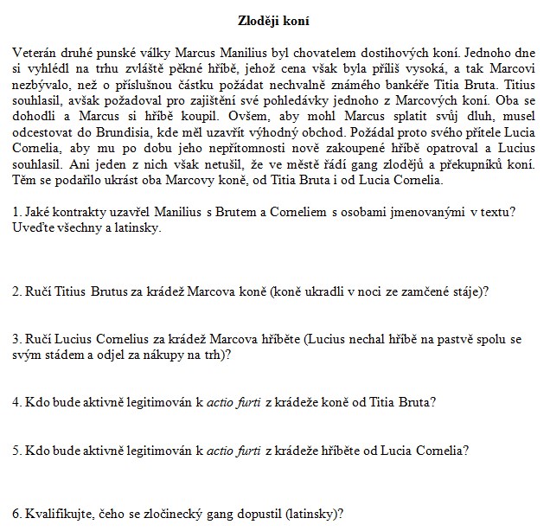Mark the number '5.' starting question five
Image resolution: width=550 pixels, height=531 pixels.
click(18, 450)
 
